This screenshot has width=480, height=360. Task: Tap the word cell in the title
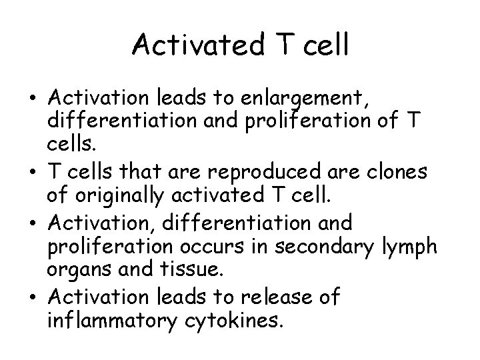tap(324, 45)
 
